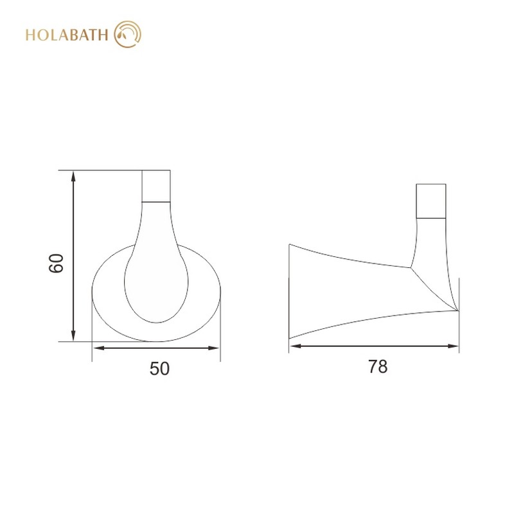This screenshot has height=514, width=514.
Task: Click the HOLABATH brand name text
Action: click(66, 34)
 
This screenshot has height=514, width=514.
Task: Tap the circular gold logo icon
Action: click(127, 34)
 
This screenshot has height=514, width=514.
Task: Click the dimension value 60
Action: click(57, 263)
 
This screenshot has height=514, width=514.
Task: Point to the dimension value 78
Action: click(378, 367)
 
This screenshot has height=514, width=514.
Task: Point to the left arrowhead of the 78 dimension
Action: click(294, 347)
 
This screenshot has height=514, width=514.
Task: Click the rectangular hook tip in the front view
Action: click(157, 186)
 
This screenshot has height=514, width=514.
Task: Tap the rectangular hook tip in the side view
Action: click(432, 201)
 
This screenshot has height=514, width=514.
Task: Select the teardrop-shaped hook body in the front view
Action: click(156, 270)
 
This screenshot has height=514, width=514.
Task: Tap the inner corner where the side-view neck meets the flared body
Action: click(411, 267)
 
